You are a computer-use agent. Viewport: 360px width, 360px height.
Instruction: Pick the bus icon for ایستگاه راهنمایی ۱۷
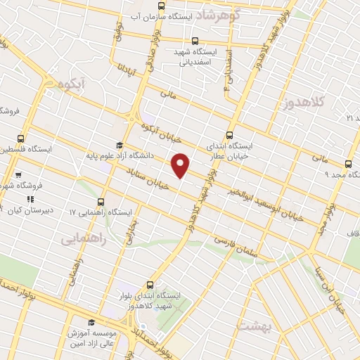[x=103, y=202]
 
